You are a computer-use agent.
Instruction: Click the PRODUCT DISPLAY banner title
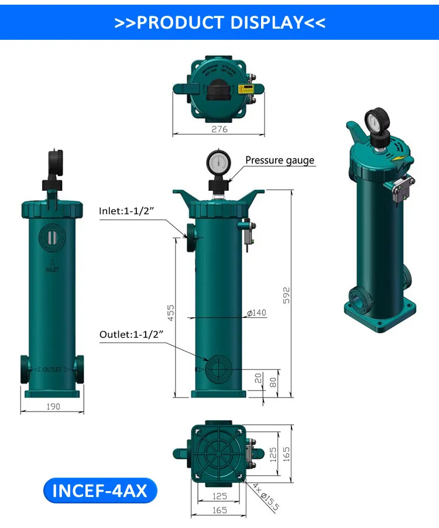[x=220, y=22]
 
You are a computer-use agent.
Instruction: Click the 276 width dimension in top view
[x=219, y=129]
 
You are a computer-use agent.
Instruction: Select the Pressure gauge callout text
[x=279, y=160]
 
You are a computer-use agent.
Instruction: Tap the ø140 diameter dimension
[x=256, y=313]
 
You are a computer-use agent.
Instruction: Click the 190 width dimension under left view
[x=52, y=406]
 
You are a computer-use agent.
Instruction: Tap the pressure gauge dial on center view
[x=218, y=162]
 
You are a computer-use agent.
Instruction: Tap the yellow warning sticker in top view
[x=246, y=89]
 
